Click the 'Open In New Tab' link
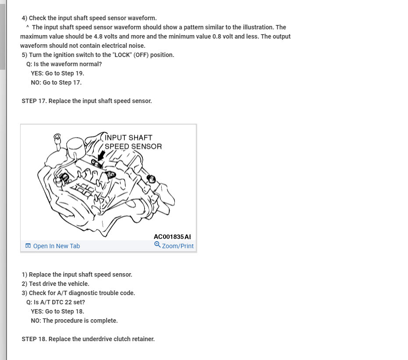coord(56,246)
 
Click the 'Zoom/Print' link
coord(177,246)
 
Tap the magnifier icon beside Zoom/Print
coord(157,245)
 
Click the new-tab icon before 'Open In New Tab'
coord(28,246)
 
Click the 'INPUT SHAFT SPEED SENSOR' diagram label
coord(132,142)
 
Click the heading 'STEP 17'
coord(34,101)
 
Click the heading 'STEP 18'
coord(34,339)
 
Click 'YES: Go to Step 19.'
coord(57,73)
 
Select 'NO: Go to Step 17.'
coord(56,82)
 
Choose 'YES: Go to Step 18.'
coord(57,311)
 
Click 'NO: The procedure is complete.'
coord(74,321)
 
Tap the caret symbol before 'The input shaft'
coord(28,27)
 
